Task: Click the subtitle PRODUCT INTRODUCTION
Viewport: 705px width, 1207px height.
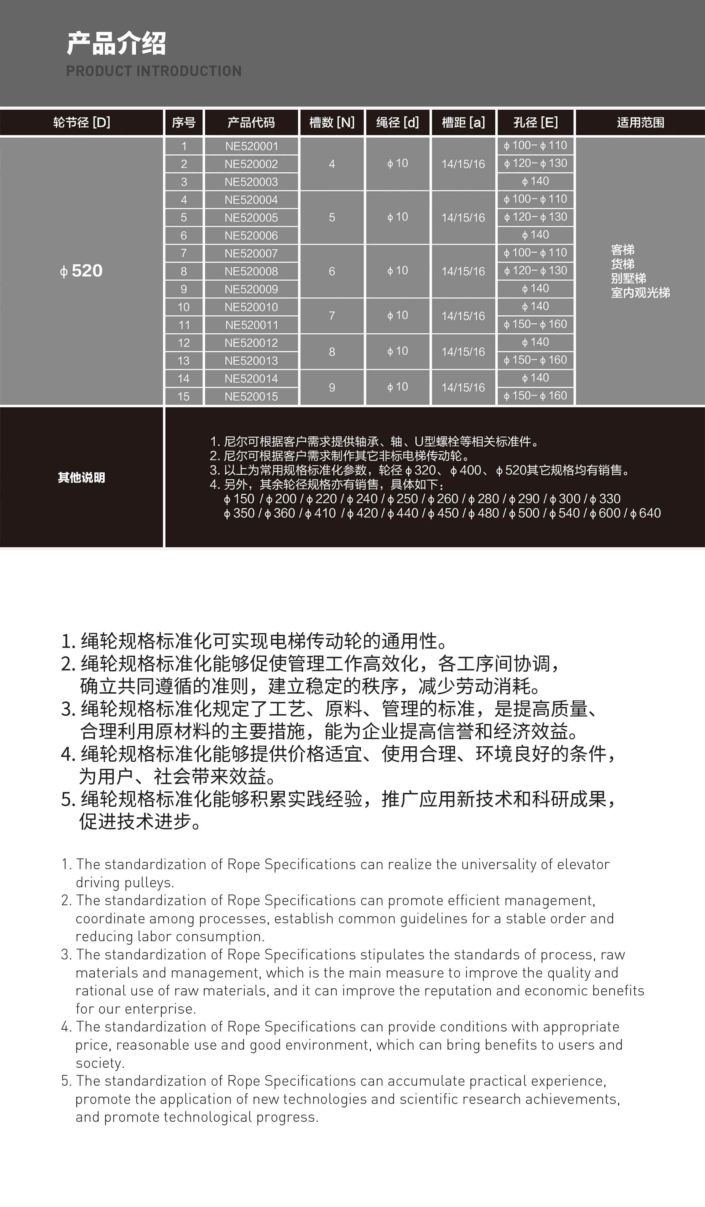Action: tap(154, 71)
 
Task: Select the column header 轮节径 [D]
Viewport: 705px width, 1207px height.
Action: tap(81, 123)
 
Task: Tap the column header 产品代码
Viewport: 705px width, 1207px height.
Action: tap(251, 123)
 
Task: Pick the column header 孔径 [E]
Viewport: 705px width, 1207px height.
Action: tap(535, 123)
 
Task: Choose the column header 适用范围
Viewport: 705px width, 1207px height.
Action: tap(640, 123)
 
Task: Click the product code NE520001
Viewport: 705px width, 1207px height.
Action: tap(251, 146)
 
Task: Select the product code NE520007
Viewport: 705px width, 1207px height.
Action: tap(251, 253)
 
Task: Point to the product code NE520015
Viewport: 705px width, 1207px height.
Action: tap(251, 396)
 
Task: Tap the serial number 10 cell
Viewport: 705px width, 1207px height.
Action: tap(183, 307)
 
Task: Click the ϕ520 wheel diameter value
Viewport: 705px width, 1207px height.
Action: tap(81, 270)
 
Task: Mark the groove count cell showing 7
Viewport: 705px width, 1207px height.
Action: tap(332, 316)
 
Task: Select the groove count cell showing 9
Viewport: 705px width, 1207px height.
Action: tap(332, 387)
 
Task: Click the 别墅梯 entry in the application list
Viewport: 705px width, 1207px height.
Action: tap(628, 278)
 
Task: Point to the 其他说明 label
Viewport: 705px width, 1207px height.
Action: tap(81, 478)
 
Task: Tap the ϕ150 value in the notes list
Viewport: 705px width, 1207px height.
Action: tap(239, 499)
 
